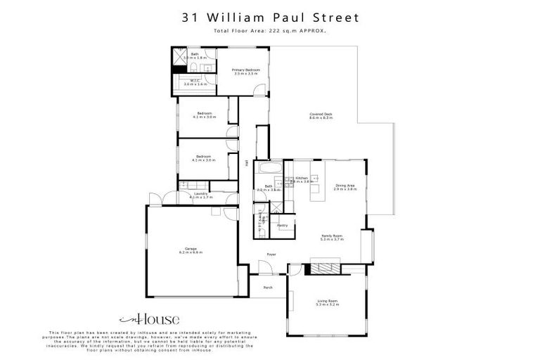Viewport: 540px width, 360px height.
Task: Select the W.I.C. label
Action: pyautogui.click(x=195, y=81)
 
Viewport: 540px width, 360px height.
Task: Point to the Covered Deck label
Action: pyautogui.click(x=321, y=115)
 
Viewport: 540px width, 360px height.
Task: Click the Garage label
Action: pyautogui.click(x=191, y=248)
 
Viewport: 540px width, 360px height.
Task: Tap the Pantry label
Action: pyautogui.click(x=283, y=225)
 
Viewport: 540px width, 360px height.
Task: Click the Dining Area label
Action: pyautogui.click(x=345, y=186)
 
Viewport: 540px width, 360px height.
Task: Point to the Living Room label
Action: pyautogui.click(x=328, y=301)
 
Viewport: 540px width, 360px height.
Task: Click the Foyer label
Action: pyautogui.click(x=271, y=254)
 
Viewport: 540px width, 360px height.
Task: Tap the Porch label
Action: pyautogui.click(x=268, y=288)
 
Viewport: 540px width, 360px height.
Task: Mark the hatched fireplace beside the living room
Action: pyautogui.click(x=325, y=268)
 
